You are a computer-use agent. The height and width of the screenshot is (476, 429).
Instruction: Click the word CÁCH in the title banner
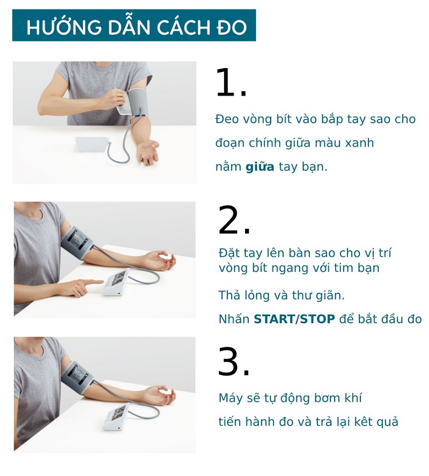pyautogui.click(x=183, y=27)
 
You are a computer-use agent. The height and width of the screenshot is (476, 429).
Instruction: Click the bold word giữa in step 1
pyautogui.click(x=260, y=167)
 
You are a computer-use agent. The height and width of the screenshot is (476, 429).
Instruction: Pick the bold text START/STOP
pyautogui.click(x=294, y=319)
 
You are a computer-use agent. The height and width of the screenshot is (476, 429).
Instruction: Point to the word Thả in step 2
pyautogui.click(x=229, y=295)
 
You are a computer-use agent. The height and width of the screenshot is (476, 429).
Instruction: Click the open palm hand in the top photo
pyautogui.click(x=148, y=152)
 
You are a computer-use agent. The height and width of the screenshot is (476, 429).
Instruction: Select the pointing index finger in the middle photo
pyautogui.click(x=92, y=282)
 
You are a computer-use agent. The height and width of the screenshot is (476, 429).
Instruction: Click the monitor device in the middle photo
pyautogui.click(x=116, y=282)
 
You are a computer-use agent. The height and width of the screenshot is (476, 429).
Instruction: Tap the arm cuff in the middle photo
pyautogui.click(x=77, y=243)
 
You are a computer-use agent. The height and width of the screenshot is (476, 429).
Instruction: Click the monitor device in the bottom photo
pyautogui.click(x=116, y=416)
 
